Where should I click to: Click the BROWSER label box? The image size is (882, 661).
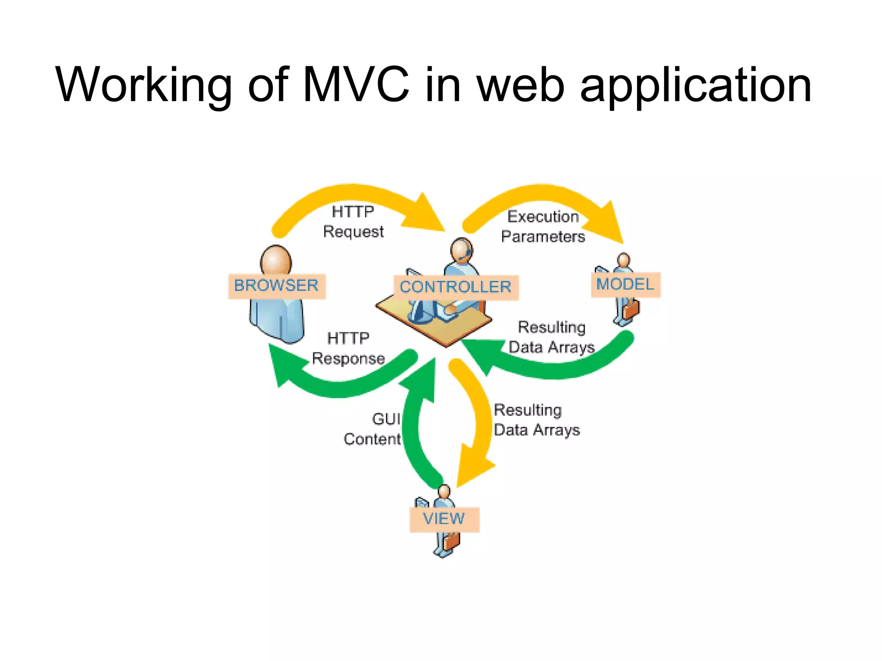point(276,286)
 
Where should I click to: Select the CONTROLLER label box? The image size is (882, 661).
point(456,287)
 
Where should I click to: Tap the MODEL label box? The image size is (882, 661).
point(625,284)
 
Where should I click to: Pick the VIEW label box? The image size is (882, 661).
point(444,519)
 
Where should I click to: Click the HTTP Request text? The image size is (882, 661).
point(353,222)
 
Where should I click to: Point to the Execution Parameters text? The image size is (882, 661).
point(543,226)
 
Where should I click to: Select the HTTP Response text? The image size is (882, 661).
point(348,348)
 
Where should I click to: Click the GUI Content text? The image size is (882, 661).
point(373,429)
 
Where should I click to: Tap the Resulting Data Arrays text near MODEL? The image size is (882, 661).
point(552,337)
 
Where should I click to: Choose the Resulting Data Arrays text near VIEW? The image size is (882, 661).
point(536,420)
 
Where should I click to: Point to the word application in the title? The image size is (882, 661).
point(696,86)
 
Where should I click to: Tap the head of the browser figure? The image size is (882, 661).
point(276,259)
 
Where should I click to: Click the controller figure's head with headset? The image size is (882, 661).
point(461,249)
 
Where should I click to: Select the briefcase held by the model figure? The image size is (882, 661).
point(631,309)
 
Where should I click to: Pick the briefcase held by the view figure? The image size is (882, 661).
point(451,541)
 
